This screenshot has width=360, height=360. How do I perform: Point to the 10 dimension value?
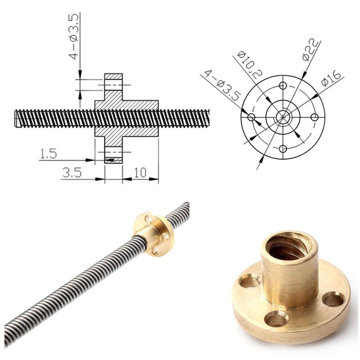pos(140,173)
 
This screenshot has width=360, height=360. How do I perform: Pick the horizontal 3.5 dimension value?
pos(72,173)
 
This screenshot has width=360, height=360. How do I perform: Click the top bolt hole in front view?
pos(283,86)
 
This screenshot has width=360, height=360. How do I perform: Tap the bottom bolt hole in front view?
pos(283,149)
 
